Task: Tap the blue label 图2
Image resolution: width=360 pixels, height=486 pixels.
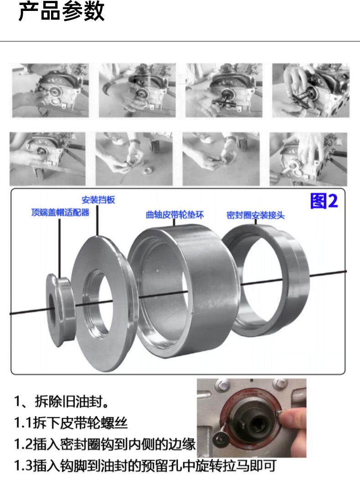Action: coord(324,201)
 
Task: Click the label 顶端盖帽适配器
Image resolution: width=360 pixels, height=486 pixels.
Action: coord(60,213)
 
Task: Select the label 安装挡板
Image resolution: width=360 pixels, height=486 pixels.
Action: coord(98,200)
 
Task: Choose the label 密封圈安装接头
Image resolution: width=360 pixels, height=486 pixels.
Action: coord(255,215)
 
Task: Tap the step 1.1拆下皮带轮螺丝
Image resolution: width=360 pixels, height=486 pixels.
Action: coord(71,423)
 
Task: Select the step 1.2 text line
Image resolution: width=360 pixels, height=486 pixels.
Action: coord(105,444)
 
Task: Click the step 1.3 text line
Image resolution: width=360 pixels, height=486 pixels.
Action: coord(145,465)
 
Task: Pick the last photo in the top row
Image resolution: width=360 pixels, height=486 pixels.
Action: coord(311,90)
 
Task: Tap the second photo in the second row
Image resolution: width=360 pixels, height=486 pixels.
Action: coord(134,159)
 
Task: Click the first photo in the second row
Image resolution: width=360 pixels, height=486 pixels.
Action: coord(47,159)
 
